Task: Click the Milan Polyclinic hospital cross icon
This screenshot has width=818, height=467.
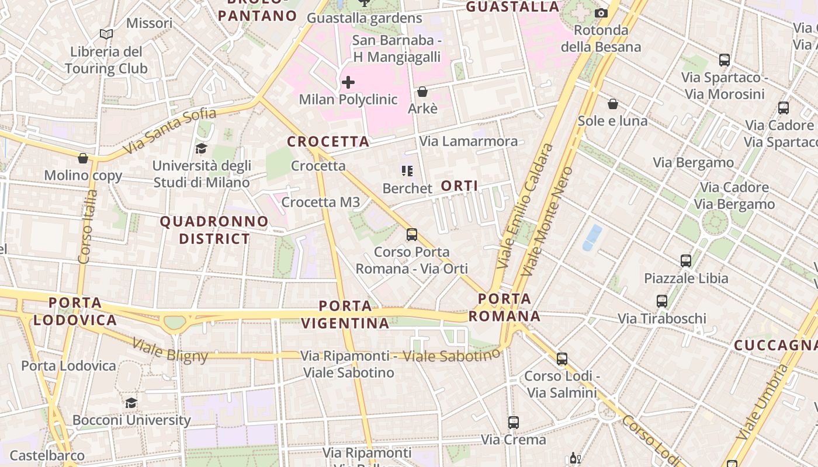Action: [x=348, y=82]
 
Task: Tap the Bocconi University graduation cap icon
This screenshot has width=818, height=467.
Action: [x=131, y=403]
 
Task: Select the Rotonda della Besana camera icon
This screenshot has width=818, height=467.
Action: [x=601, y=13]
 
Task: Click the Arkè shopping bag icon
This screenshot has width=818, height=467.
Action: [x=422, y=92]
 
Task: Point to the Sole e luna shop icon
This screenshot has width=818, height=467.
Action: [x=612, y=104]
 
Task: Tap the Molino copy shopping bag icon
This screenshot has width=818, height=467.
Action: [x=83, y=158]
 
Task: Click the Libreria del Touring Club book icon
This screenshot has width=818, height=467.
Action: [x=106, y=34]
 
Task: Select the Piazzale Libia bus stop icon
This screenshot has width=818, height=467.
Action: [x=686, y=261]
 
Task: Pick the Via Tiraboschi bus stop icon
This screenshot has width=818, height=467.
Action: [x=661, y=301]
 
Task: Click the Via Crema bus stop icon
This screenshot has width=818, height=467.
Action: [x=513, y=422]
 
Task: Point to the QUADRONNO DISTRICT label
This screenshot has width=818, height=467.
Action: [x=214, y=230]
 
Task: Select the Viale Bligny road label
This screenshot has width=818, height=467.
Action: [x=170, y=350]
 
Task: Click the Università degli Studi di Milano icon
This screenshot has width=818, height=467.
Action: [x=201, y=148]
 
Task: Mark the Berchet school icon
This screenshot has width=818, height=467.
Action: [x=407, y=171]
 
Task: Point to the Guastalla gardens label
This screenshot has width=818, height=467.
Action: [x=365, y=18]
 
